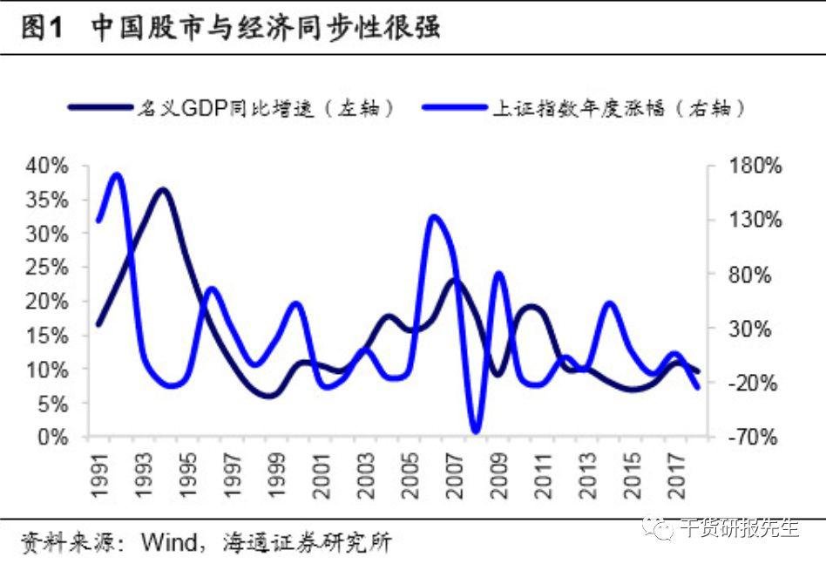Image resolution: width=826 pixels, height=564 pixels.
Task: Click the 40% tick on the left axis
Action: click(47, 166)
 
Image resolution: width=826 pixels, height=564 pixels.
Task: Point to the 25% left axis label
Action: click(47, 268)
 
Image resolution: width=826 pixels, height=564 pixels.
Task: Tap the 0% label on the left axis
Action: click(52, 437)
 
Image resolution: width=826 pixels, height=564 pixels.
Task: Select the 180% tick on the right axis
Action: click(755, 166)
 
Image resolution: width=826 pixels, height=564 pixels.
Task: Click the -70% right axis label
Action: click(753, 437)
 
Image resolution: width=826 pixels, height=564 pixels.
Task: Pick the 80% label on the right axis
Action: click(749, 275)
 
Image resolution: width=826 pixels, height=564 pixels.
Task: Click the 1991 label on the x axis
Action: click(99, 475)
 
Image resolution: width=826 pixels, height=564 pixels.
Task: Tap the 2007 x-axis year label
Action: click(454, 475)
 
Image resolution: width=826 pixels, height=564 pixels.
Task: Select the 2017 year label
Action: click(676, 475)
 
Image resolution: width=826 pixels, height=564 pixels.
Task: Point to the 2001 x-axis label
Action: click(321, 475)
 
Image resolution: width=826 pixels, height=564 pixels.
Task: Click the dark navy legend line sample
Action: click(100, 107)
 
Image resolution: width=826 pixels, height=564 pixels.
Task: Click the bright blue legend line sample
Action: click(455, 107)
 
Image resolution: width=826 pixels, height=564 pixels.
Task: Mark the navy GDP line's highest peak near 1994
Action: click(163, 190)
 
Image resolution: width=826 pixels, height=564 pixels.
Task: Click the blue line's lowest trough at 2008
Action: click(477, 430)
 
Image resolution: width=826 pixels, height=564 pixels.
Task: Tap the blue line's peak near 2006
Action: click(435, 218)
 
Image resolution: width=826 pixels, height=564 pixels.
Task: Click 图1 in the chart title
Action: click(42, 28)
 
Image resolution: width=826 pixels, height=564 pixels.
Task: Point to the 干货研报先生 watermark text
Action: click(739, 527)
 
